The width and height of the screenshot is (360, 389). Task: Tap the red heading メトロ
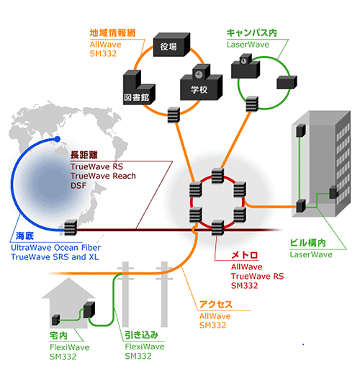click(244, 256)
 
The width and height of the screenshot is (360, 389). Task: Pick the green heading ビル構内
click(309, 243)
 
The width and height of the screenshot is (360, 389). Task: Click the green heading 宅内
click(58, 336)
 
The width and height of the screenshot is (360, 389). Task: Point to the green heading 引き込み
click(142, 336)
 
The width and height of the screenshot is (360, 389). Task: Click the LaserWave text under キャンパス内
click(249, 44)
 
